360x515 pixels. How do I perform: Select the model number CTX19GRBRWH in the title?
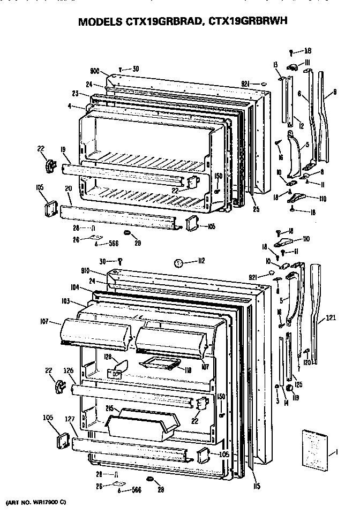[249, 22]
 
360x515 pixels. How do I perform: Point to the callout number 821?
[246, 84]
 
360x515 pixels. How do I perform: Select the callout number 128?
[107, 357]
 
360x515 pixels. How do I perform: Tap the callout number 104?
[74, 287]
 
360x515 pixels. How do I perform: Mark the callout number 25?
[256, 209]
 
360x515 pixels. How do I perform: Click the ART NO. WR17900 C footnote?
[35, 503]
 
